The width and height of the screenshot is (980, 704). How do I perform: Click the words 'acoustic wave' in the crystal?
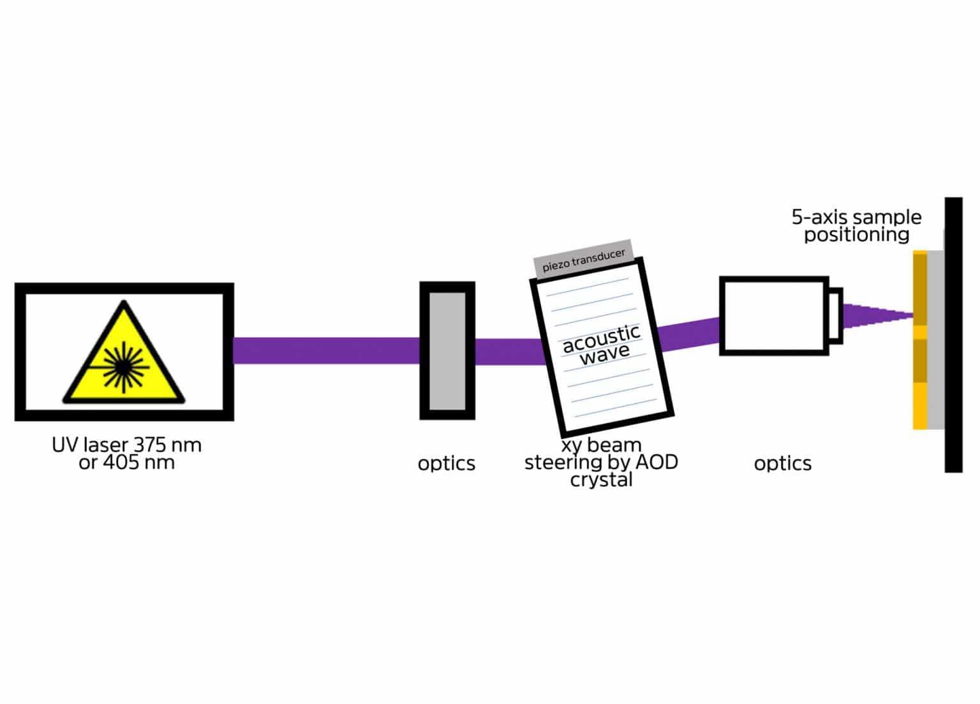(x=602, y=343)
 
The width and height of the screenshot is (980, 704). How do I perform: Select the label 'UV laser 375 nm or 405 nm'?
(x=126, y=453)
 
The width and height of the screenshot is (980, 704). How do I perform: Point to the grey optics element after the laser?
(x=447, y=350)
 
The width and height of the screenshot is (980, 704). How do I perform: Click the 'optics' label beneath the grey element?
(x=446, y=463)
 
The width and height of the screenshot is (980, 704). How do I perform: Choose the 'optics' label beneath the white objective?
(x=782, y=463)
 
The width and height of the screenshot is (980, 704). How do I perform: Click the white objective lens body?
(x=773, y=316)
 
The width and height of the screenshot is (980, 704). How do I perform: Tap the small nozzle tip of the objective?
(x=835, y=316)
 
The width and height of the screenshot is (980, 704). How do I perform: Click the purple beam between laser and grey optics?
(x=325, y=350)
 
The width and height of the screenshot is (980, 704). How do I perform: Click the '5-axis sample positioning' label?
(x=856, y=226)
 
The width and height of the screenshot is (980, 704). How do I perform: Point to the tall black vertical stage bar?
(x=953, y=335)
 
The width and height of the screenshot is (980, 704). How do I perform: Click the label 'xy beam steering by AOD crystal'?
(x=600, y=462)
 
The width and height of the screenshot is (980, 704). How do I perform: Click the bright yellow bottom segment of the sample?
(x=919, y=405)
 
